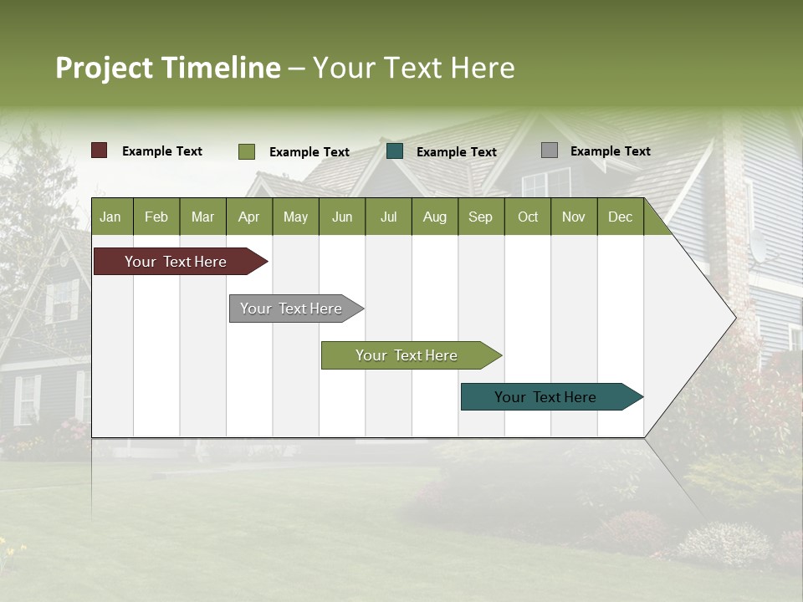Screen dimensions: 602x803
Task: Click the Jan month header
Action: [110, 217]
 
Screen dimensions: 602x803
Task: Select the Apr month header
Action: [248, 217]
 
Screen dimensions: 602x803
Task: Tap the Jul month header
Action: [388, 217]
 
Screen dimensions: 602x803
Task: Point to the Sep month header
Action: [480, 217]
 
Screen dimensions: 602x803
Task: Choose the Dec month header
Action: [620, 217]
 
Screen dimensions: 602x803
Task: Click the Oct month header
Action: [528, 217]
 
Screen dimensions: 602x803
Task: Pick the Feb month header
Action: [156, 217]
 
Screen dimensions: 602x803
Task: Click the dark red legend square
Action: [100, 150]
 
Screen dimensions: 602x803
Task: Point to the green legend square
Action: [247, 151]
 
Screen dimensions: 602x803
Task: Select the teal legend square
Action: [395, 151]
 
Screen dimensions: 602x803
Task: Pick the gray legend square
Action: [550, 150]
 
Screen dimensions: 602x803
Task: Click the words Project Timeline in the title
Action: [167, 68]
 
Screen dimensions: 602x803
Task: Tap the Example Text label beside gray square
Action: [610, 151]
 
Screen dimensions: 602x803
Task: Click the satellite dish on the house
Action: [757, 245]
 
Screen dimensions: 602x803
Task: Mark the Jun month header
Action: [342, 217]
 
